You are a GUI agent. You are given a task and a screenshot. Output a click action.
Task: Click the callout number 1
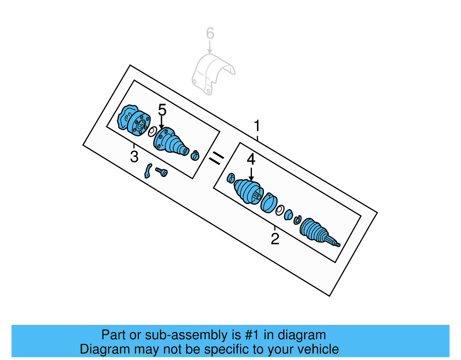257,126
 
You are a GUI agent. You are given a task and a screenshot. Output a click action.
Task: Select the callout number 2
275,239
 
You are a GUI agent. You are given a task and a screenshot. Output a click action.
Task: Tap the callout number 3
134,157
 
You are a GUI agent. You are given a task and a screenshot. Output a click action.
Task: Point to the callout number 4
251,159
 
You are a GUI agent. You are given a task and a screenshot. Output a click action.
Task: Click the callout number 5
162,110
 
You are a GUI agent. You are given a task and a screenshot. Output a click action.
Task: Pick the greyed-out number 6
210,33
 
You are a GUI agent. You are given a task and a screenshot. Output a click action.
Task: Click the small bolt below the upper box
162,172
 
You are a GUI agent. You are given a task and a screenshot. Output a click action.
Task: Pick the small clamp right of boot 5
195,156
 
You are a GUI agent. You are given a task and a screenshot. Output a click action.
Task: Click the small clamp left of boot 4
231,178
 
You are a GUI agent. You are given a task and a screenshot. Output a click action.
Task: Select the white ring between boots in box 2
279,210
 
